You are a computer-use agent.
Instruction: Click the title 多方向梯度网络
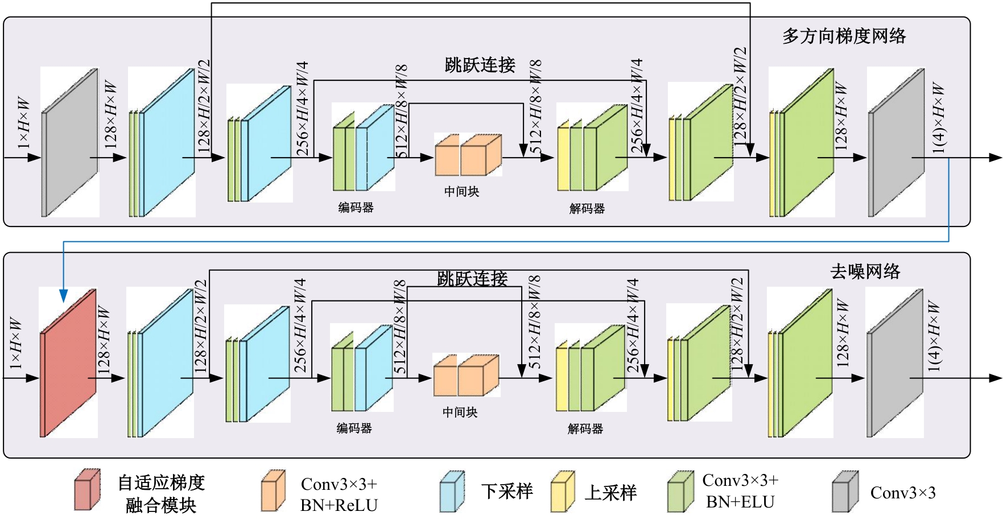tap(844, 36)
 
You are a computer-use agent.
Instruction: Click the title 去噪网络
tap(865, 271)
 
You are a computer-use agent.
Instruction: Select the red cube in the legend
tap(87, 490)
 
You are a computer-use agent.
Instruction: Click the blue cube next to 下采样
tap(452, 492)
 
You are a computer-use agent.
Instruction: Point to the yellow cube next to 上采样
tap(563, 492)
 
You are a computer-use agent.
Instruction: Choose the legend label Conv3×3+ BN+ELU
tap(740, 491)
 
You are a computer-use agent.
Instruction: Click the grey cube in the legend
tap(845, 492)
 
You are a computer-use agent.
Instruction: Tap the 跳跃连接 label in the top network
tap(480, 65)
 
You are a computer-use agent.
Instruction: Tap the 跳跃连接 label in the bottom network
tap(472, 278)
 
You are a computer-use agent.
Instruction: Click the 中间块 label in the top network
tap(461, 192)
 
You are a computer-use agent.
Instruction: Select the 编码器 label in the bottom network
tap(354, 428)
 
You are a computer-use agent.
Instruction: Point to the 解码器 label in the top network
tap(587, 209)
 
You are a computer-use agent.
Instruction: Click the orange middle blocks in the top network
tap(468, 155)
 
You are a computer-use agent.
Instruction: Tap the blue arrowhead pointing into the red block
tap(63, 296)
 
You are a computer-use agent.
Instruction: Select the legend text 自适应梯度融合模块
tap(161, 493)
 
